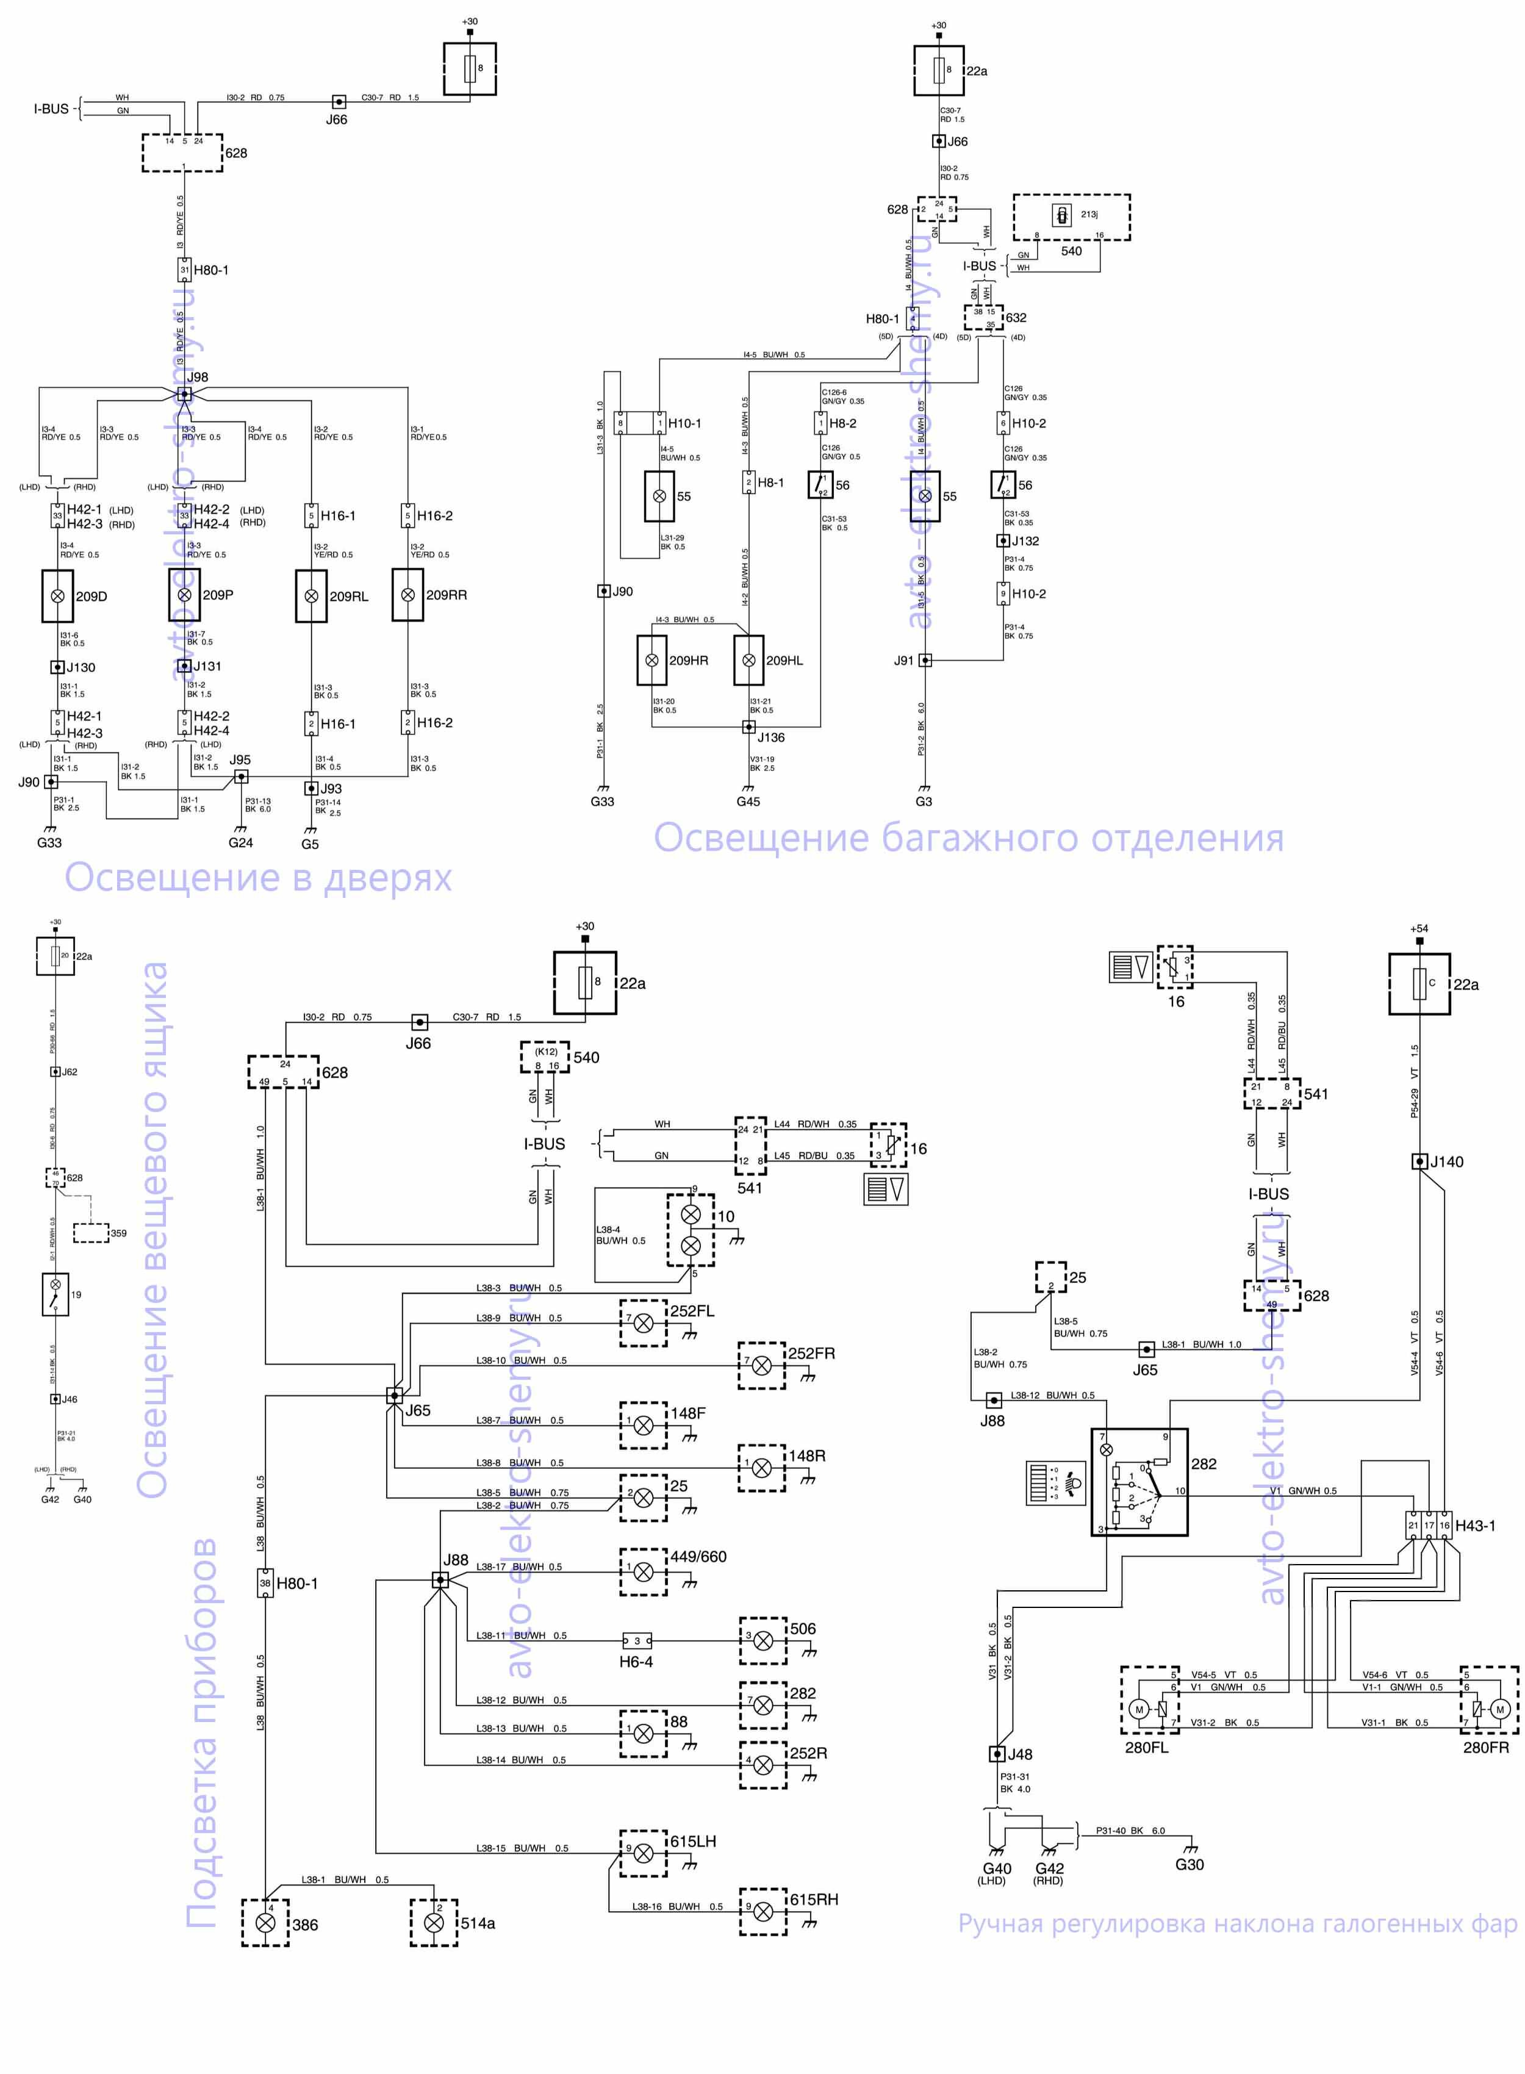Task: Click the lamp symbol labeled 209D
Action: [57, 596]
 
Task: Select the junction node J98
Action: [185, 394]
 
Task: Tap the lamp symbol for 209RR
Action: [408, 595]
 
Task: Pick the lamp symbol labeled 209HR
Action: [651, 661]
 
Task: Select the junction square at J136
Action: [750, 727]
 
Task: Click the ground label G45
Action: [748, 801]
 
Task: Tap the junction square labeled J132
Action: [1002, 541]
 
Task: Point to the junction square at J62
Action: [56, 1072]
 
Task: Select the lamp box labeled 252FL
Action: [644, 1322]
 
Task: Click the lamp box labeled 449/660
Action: [644, 1571]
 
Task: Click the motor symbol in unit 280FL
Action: [1139, 1709]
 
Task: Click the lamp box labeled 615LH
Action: [644, 1853]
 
